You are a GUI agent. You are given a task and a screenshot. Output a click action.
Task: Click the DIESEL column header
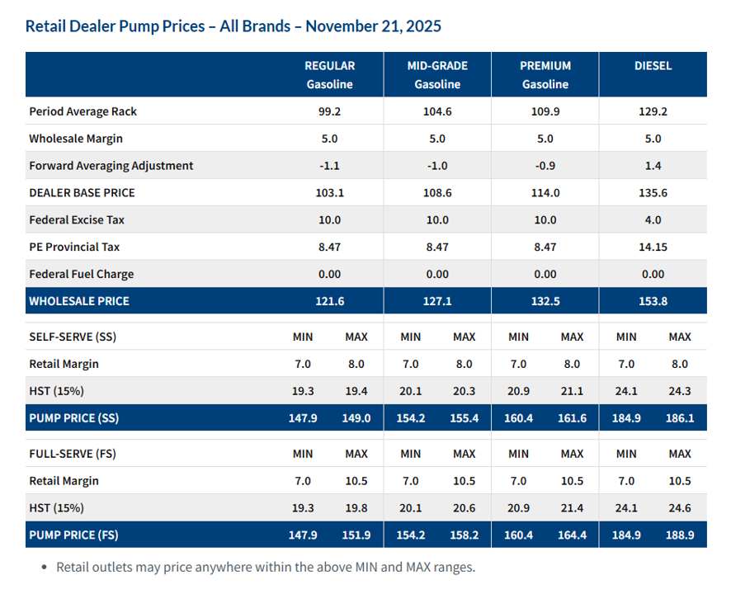[x=653, y=66]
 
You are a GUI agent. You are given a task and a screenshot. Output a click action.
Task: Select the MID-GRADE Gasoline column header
[x=437, y=74]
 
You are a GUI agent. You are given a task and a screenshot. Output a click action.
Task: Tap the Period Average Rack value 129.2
[x=653, y=111]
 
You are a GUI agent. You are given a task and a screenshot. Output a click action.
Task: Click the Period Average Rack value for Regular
[x=330, y=111]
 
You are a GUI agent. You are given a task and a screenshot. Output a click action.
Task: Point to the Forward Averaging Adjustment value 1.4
[x=653, y=166]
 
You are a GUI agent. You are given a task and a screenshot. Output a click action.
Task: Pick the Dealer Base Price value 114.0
[x=545, y=193]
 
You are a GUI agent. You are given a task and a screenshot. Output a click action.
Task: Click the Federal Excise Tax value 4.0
[x=653, y=220]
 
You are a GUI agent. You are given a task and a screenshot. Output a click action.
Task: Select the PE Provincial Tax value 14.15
[x=653, y=247]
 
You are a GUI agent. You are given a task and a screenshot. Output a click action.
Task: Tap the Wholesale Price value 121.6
[x=330, y=301]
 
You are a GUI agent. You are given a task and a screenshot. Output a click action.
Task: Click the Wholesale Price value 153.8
[x=653, y=301]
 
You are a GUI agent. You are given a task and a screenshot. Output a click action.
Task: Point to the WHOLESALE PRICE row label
[x=79, y=301]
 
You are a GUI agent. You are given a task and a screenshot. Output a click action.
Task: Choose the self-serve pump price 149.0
[x=356, y=418]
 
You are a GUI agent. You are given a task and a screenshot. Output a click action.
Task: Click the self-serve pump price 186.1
[x=680, y=418]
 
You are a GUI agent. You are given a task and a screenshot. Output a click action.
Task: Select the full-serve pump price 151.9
[x=356, y=535]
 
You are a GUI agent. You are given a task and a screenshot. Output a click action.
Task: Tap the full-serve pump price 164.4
[x=572, y=535]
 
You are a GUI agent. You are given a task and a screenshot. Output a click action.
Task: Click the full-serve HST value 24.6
[x=680, y=508]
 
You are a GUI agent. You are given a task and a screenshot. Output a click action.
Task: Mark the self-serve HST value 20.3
[x=465, y=391]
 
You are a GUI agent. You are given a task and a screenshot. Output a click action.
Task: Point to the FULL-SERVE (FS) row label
[x=74, y=454]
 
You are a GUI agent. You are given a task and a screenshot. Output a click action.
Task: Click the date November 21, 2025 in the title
[x=373, y=26]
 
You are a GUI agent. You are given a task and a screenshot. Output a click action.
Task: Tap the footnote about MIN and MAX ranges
[x=266, y=568]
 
